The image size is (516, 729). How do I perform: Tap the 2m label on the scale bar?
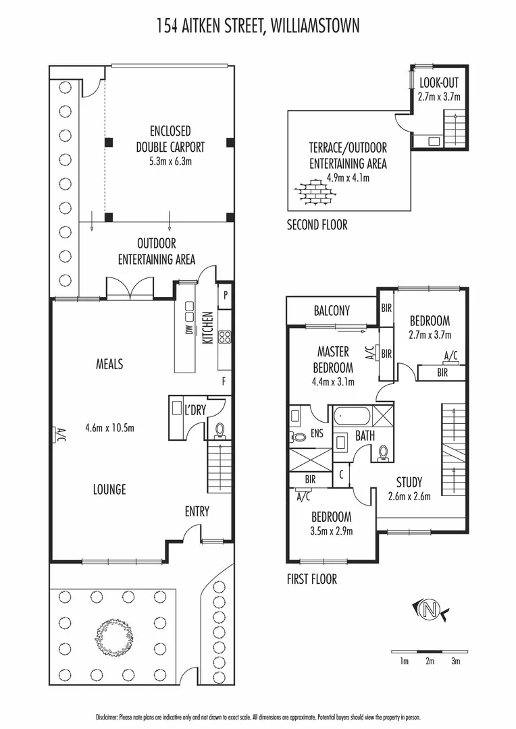click(430, 661)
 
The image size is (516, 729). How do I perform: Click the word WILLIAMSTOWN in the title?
click(315, 25)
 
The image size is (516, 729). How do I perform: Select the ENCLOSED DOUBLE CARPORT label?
click(170, 139)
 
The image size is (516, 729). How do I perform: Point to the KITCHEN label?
click(207, 327)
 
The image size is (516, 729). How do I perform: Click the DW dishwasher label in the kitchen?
click(189, 329)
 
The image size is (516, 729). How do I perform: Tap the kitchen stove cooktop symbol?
click(225, 337)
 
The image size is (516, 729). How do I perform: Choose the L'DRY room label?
click(195, 410)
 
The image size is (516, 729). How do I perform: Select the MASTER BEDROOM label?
click(333, 359)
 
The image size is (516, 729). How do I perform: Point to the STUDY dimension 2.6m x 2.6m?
click(409, 497)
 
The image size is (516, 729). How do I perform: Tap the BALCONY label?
click(332, 310)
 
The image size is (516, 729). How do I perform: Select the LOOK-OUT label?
click(439, 83)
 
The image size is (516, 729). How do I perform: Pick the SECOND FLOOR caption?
click(317, 225)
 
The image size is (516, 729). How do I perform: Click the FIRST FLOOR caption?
click(312, 579)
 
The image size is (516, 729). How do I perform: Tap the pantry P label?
click(226, 294)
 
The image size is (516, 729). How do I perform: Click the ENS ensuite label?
click(317, 433)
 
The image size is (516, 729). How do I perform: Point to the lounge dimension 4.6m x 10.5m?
click(110, 428)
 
